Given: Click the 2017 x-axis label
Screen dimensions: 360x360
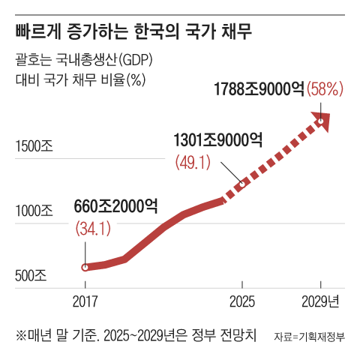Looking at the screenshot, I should pyautogui.click(x=85, y=301).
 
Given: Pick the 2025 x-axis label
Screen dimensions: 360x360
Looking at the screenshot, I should pyautogui.click(x=241, y=301).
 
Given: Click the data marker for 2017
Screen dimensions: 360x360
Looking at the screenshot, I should pyautogui.click(x=85, y=266).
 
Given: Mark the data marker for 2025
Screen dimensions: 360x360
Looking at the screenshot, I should pyautogui.click(x=241, y=184).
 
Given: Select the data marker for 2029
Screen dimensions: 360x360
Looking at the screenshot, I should pyautogui.click(x=321, y=120).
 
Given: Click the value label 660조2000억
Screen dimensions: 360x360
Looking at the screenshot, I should pyautogui.click(x=116, y=205).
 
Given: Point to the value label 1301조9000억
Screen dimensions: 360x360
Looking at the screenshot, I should pyautogui.click(x=217, y=140).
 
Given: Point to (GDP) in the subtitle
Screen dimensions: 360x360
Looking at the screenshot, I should pyautogui.click(x=139, y=61).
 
